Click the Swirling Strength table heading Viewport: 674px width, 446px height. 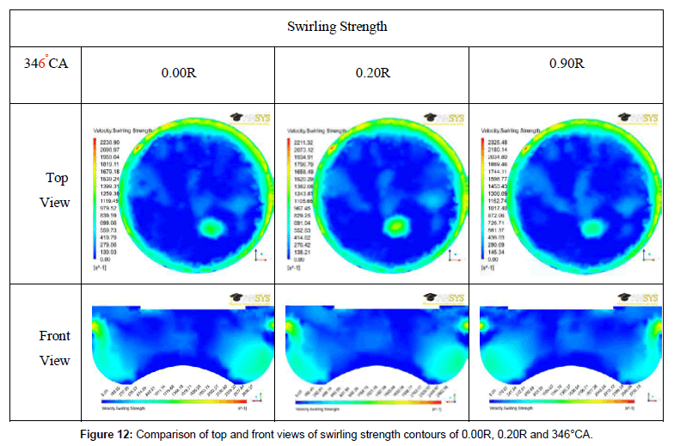click(337, 27)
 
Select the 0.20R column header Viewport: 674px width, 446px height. click(372, 73)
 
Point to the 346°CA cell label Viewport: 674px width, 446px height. click(46, 63)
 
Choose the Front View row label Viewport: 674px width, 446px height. click(55, 348)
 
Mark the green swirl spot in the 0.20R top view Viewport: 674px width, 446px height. click(396, 227)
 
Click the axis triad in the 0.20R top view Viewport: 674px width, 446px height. click(452, 254)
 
